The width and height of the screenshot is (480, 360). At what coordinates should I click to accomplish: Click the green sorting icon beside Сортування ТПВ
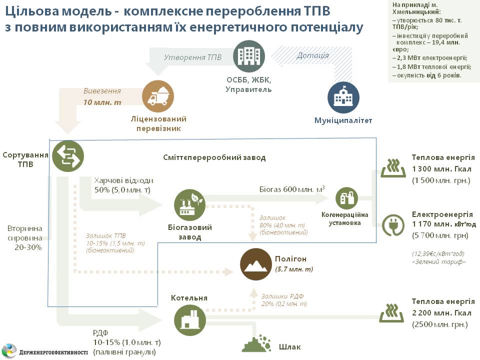pyautogui.click(x=67, y=156)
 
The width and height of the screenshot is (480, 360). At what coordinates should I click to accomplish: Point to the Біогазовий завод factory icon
pyautogui.click(x=189, y=204)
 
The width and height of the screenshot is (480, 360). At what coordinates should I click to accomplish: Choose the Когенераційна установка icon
pyautogui.click(x=347, y=198)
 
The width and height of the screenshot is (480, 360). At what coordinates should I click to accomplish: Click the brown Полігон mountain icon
pyautogui.click(x=256, y=263)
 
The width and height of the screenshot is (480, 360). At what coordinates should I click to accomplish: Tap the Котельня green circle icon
pyautogui.click(x=189, y=318)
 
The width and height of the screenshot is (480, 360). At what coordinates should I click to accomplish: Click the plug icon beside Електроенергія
pyautogui.click(x=393, y=225)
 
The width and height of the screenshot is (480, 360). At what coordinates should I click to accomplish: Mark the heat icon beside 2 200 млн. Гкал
pyautogui.click(x=393, y=312)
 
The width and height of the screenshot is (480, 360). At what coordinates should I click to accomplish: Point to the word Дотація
pyautogui.click(x=312, y=55)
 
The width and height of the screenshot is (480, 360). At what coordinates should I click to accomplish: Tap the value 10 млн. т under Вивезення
pyautogui.click(x=102, y=102)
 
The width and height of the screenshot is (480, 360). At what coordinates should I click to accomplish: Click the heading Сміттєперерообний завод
pyautogui.click(x=214, y=157)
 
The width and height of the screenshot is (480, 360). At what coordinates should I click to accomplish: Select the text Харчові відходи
pyautogui.click(x=123, y=180)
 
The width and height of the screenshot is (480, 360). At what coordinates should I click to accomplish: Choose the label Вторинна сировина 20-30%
pyautogui.click(x=24, y=237)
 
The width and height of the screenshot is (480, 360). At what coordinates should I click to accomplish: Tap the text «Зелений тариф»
pyautogui.click(x=438, y=261)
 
